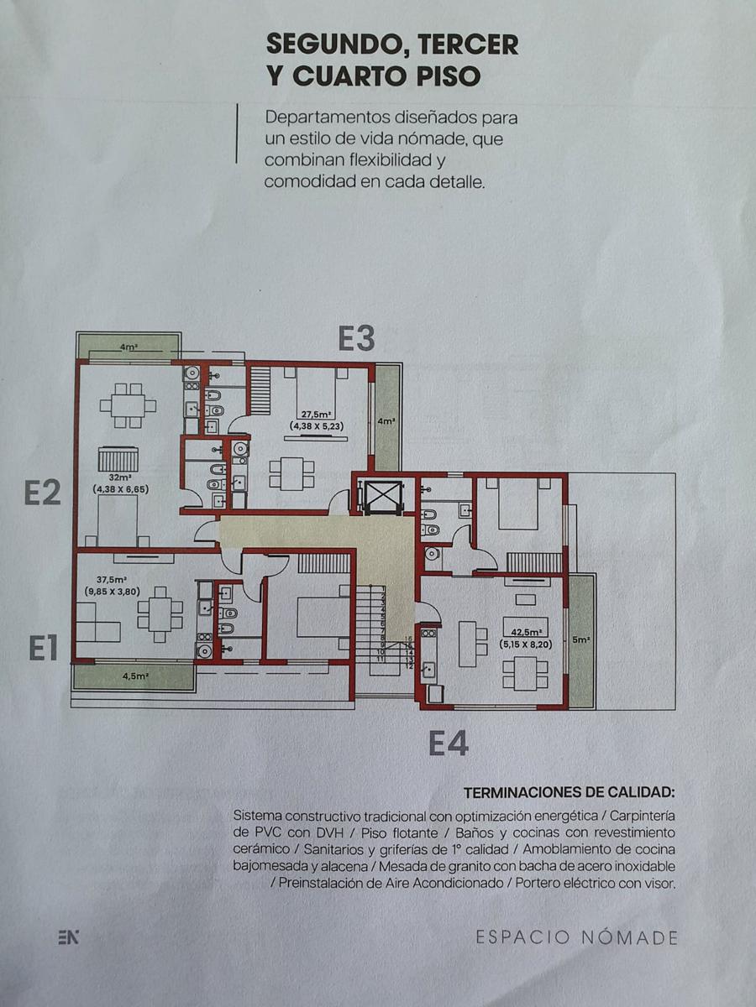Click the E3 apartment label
tap(356, 338)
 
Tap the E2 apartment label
tap(42, 493)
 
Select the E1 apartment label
tap(44, 648)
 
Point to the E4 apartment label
tap(449, 744)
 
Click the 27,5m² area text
tap(313, 415)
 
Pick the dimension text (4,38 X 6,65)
tap(121, 489)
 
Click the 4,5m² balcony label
tap(135, 676)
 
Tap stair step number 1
tap(383, 588)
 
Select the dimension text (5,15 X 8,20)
tap(526, 644)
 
